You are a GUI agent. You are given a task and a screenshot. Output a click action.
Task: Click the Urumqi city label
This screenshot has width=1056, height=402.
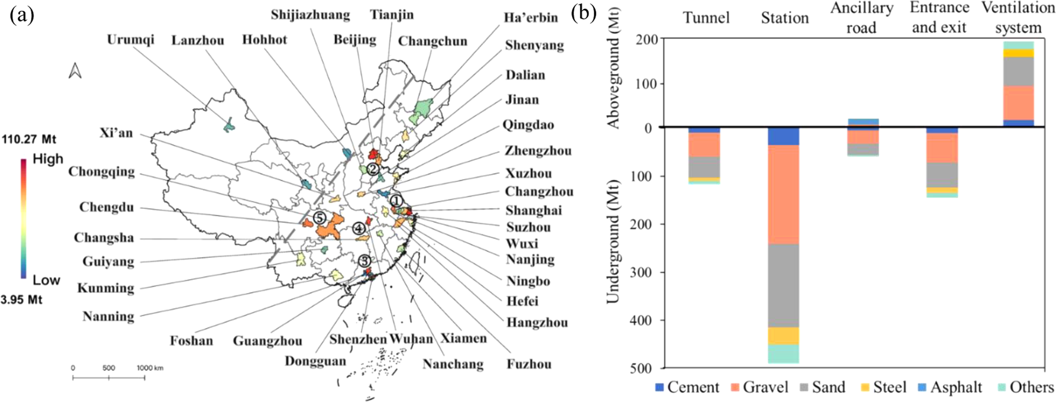tap(130, 40)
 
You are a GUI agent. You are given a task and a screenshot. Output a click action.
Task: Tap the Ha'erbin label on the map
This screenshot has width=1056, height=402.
tap(531, 18)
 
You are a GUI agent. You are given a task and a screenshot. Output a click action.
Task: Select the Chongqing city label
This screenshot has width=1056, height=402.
tap(102, 172)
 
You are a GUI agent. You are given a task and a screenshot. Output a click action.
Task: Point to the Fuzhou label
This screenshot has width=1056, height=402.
tap(529, 364)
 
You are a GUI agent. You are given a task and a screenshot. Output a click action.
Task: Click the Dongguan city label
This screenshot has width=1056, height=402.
tap(315, 361)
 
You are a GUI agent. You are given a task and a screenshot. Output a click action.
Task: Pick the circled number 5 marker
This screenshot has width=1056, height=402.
tap(319, 218)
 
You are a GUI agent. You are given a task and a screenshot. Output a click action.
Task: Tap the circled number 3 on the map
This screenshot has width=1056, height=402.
tap(364, 261)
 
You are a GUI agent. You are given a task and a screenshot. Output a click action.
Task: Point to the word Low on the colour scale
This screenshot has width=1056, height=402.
tap(46, 280)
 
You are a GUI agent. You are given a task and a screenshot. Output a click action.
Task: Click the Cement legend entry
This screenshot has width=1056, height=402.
tap(687, 387)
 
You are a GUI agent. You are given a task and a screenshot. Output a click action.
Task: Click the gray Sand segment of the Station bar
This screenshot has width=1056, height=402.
tap(783, 285)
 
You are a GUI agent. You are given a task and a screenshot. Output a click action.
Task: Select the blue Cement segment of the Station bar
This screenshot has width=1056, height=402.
tap(783, 136)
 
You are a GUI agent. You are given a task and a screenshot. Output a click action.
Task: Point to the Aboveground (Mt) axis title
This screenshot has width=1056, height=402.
tap(614, 83)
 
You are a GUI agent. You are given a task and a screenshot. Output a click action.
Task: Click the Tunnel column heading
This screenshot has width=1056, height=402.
tap(706, 18)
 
